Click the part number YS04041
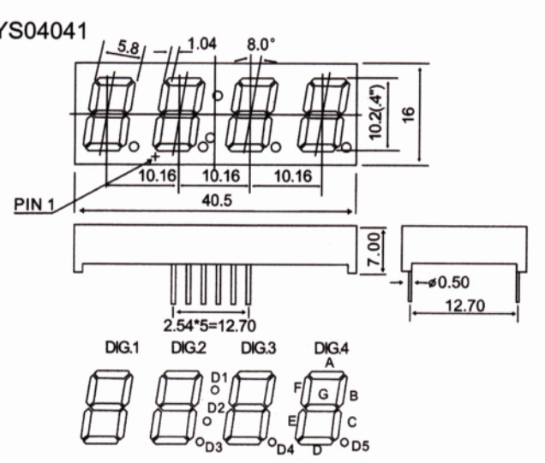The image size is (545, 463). point(42,32)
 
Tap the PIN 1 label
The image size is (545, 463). point(34,205)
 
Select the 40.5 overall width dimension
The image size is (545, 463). point(217,200)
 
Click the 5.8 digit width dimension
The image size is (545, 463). point(129,46)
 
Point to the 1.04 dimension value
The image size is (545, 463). point(202,45)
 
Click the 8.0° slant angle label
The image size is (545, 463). point(261,45)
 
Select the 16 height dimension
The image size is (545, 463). point(409,115)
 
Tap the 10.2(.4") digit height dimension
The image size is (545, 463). point(376,112)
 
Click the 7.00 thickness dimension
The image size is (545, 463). point(374,249)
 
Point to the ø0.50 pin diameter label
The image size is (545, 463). point(449,282)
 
